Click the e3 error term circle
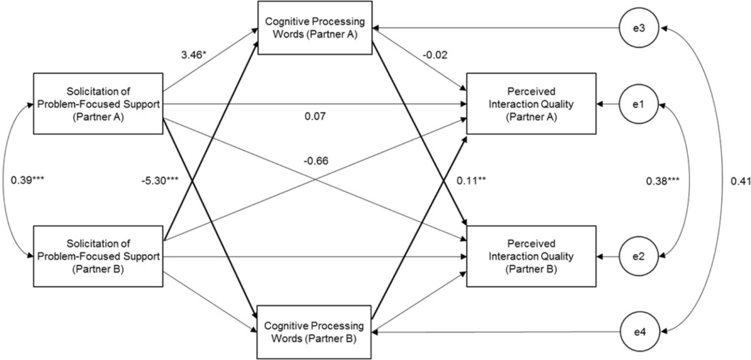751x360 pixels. click(x=639, y=28)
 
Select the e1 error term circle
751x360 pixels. click(x=637, y=104)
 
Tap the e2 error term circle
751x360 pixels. click(x=637, y=257)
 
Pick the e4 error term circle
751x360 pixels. click(x=639, y=332)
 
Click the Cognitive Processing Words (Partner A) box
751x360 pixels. click(x=314, y=28)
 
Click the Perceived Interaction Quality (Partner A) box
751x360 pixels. click(x=531, y=104)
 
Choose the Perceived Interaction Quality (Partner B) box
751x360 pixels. click(x=531, y=257)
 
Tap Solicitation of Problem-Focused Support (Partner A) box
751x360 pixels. click(x=98, y=104)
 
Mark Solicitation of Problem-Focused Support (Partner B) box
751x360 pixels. click(x=98, y=256)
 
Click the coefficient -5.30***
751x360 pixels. click(x=160, y=181)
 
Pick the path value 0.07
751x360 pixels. click(x=315, y=116)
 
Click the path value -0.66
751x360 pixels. click(x=315, y=161)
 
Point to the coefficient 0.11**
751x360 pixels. click(x=471, y=181)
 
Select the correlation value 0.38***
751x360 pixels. click(x=663, y=181)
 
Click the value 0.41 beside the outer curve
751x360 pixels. click(x=740, y=181)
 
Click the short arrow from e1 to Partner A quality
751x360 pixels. click(x=608, y=104)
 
